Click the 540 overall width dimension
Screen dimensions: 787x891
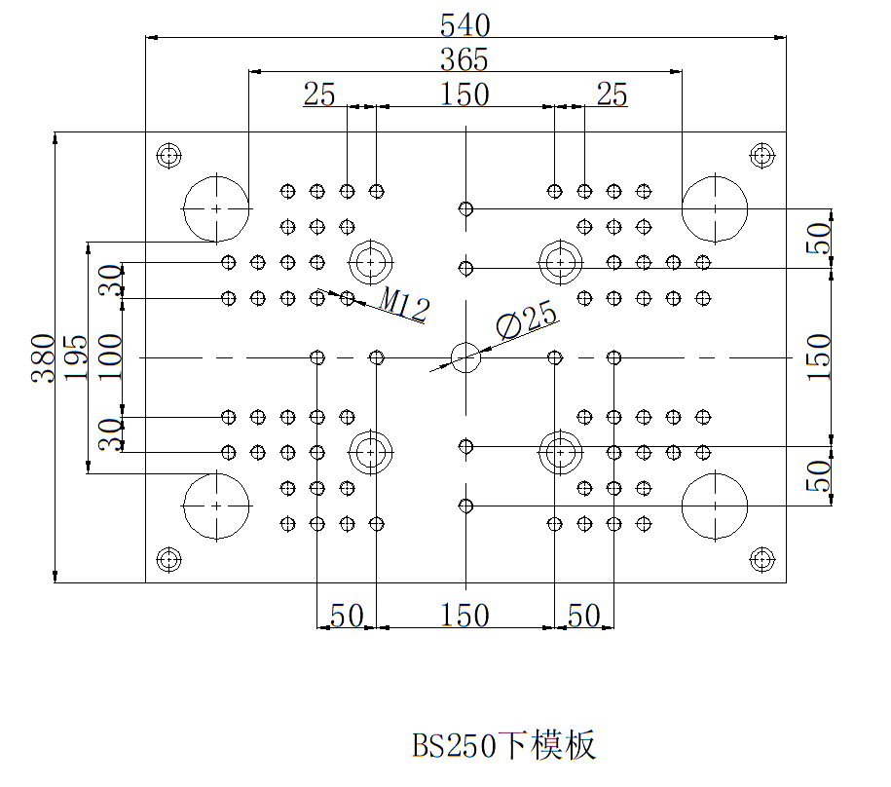point(464,23)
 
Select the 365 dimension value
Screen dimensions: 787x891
point(464,59)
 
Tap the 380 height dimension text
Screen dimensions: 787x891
point(42,357)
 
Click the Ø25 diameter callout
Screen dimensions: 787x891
point(526,320)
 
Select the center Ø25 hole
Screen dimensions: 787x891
point(465,357)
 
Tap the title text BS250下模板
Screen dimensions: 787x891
point(503,745)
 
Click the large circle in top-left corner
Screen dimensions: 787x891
point(215,208)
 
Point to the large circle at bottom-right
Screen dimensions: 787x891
point(714,506)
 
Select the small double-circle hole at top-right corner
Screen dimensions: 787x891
point(761,155)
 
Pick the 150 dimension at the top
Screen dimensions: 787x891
point(464,94)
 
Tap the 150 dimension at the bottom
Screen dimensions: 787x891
point(464,616)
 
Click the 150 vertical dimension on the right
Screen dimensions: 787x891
point(820,357)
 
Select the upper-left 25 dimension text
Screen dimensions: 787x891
point(319,94)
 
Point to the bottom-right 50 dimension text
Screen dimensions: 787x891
point(583,616)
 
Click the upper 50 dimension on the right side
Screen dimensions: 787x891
point(820,238)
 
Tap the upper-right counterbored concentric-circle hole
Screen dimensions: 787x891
point(560,261)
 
